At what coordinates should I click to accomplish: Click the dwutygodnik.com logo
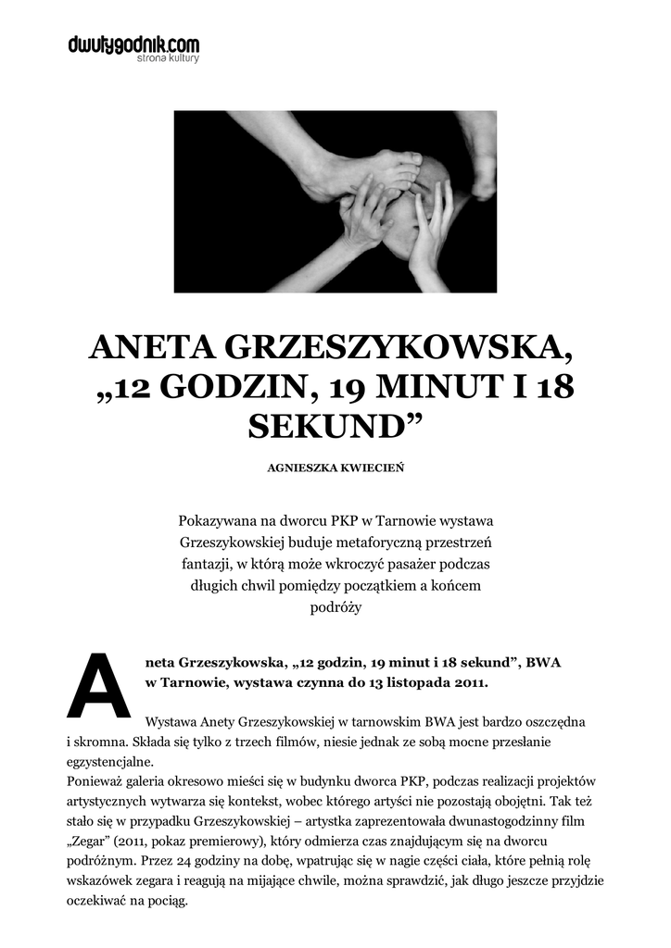click(x=133, y=44)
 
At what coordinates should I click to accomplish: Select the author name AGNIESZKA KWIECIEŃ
click(x=335, y=468)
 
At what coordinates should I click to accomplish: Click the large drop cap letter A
click(x=98, y=685)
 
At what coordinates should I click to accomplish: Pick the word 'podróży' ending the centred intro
click(x=335, y=607)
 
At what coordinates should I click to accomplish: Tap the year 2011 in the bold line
click(x=465, y=684)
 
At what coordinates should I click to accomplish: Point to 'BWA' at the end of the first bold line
click(x=543, y=664)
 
